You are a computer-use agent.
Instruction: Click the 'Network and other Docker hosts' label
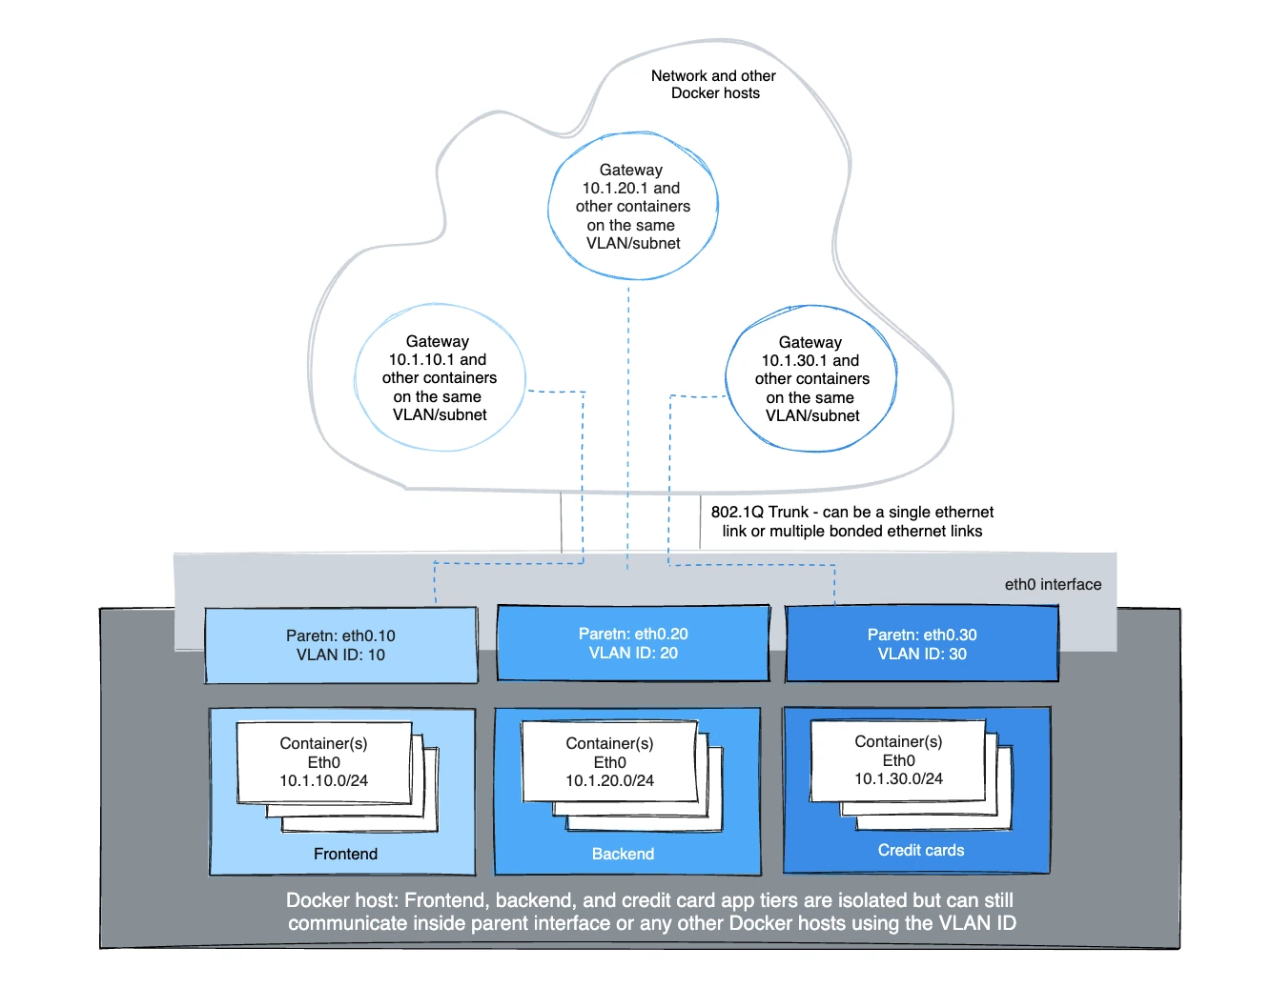[x=713, y=85]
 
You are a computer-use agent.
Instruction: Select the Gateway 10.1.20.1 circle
[x=632, y=207]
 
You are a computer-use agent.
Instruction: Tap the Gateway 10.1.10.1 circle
[x=439, y=378]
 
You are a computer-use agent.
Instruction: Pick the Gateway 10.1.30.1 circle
[x=811, y=379]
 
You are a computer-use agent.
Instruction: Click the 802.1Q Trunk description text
[x=851, y=521]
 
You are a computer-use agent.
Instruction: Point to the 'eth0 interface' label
[x=1053, y=585]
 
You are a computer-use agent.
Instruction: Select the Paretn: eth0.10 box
[x=340, y=645]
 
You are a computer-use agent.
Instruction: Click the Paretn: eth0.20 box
[x=633, y=643]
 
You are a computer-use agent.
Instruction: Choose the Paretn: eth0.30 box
[x=922, y=644]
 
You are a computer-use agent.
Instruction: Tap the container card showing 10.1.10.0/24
[x=324, y=762]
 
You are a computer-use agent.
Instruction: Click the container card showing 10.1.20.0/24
[x=610, y=762]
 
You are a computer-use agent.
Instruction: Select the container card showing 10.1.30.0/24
[x=898, y=760]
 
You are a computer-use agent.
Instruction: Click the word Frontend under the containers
[x=345, y=854]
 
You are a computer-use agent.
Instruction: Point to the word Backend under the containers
[x=623, y=854]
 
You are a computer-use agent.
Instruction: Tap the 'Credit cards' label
[x=921, y=850]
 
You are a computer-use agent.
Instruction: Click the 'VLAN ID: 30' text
[x=922, y=655]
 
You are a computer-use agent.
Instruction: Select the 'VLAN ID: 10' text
[x=340, y=655]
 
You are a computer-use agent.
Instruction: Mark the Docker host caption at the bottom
[x=651, y=912]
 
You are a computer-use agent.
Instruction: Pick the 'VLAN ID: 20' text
[x=633, y=654]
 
